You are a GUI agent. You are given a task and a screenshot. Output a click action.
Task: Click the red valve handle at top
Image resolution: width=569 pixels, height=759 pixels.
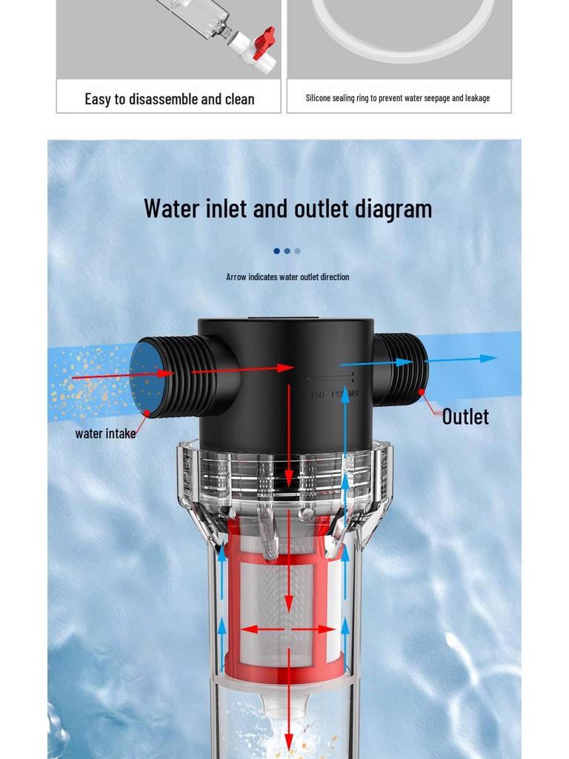[x=264, y=42]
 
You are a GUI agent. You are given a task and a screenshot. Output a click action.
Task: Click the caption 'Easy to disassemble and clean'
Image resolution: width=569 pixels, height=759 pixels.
[x=169, y=99]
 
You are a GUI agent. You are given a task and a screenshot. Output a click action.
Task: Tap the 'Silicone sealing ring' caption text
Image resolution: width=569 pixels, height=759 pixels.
[x=398, y=98]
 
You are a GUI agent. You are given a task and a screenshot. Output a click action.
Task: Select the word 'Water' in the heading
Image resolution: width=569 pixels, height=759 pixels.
[x=172, y=208]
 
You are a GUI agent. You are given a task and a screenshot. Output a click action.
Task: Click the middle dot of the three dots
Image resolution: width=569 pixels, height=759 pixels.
[x=287, y=251]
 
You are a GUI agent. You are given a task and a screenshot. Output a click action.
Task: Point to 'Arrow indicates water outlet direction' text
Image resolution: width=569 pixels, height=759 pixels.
[x=287, y=276]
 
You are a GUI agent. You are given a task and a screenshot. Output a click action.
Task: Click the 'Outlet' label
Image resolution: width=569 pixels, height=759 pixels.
[x=465, y=417]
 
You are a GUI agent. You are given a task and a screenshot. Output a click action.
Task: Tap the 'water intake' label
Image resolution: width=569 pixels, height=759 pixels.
[x=105, y=434]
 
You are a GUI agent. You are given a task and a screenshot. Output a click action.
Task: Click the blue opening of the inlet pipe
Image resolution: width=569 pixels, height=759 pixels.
[x=146, y=377]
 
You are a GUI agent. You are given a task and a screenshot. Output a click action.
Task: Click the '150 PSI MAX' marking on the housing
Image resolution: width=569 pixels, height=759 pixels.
[x=333, y=394]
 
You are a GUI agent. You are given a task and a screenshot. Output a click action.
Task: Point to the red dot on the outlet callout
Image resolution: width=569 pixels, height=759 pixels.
[x=422, y=391]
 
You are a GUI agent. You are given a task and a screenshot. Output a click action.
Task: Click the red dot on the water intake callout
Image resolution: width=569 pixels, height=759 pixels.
[x=147, y=413]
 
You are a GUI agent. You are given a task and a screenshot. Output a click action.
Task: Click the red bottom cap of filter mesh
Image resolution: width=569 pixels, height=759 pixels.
[x=284, y=672]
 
